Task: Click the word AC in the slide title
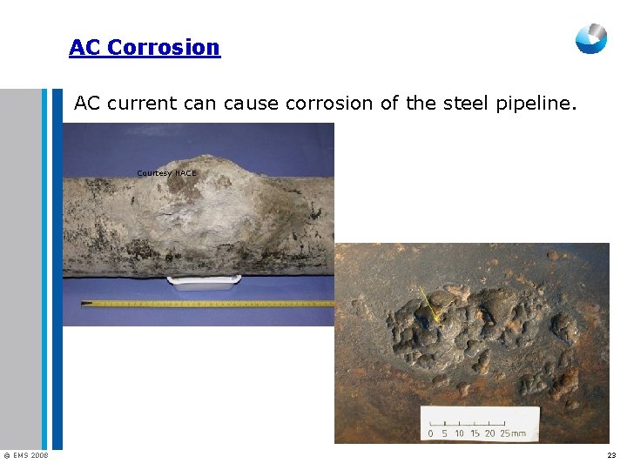pos(85,47)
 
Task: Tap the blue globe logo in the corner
pos(590,39)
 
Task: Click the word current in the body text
pos(142,104)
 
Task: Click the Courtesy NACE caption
pos(166,173)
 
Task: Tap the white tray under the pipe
pos(205,282)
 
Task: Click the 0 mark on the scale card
pos(430,433)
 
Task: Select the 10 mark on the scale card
pos(459,433)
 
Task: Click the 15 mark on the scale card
pos(475,433)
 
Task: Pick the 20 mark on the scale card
pos(490,433)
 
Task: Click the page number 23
pos(611,456)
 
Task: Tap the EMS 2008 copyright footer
pos(26,456)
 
